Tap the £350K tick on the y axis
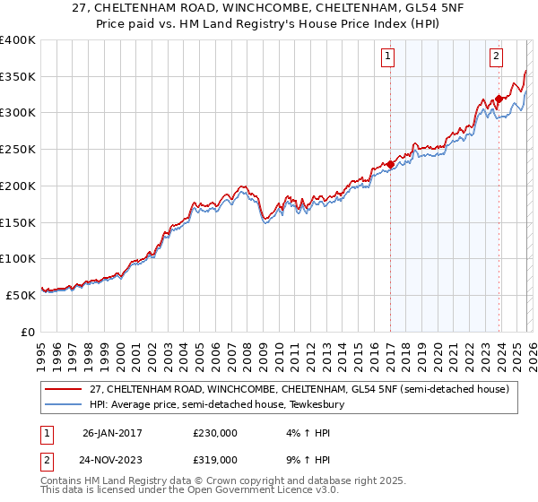click(x=18, y=77)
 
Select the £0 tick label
click(x=27, y=332)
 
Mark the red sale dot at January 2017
click(x=391, y=164)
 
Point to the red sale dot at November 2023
click(x=499, y=99)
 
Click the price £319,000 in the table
click(x=214, y=459)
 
